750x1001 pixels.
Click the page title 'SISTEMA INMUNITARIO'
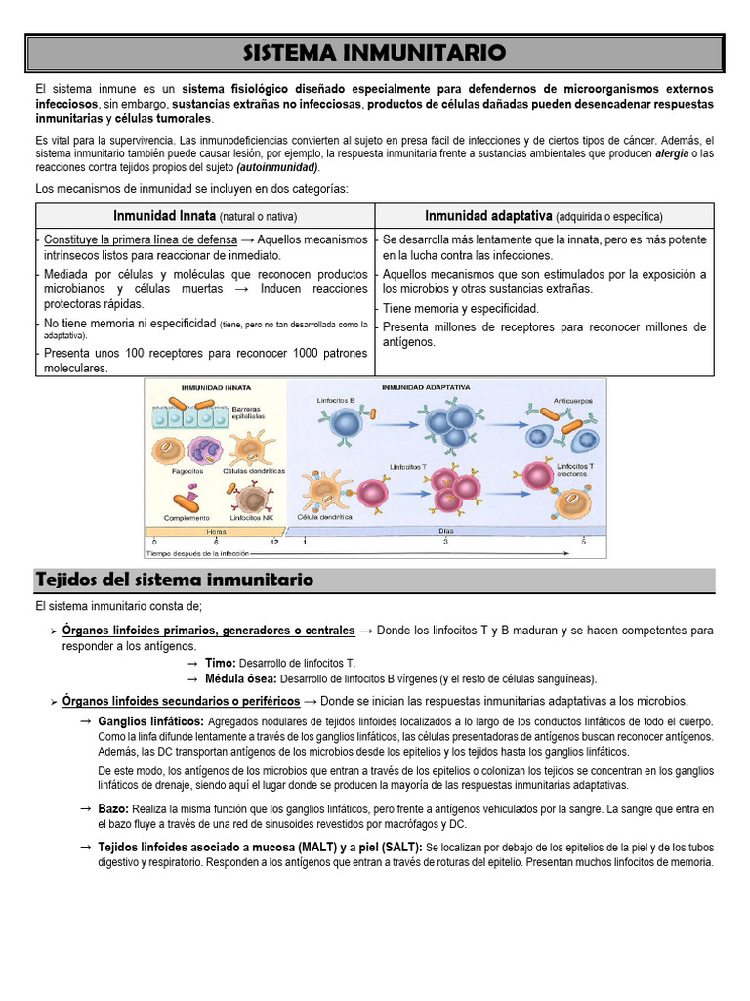coord(374,51)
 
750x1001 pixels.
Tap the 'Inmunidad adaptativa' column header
coord(488,215)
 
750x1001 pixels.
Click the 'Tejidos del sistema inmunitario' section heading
coord(174,580)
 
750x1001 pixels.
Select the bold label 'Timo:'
coord(221,663)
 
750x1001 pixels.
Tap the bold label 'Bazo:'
coord(114,809)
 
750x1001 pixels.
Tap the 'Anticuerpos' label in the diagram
coord(572,400)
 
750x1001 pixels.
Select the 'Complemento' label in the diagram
coord(186,517)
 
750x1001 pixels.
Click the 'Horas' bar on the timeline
coord(217,531)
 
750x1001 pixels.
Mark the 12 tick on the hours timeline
coord(275,541)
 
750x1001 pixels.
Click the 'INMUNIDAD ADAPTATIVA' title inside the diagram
coord(426,388)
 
